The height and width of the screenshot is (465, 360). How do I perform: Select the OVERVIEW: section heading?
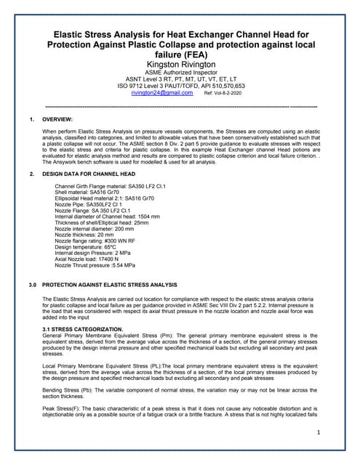tap(57, 118)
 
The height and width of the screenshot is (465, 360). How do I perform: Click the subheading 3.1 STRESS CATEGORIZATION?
tap(84, 330)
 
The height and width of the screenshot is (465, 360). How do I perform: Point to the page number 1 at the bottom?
tap(319, 432)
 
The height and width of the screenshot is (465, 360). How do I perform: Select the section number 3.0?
tap(32, 285)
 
